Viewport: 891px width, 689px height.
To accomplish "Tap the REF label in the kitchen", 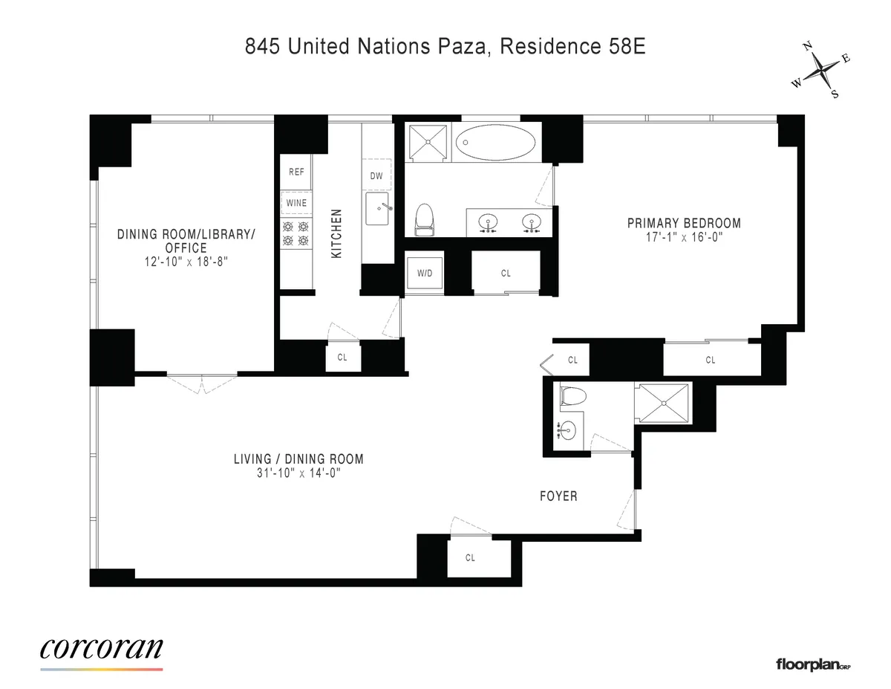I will tap(296, 172).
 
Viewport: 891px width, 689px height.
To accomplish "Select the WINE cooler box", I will tap(296, 203).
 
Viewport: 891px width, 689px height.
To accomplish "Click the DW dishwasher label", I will tap(376, 176).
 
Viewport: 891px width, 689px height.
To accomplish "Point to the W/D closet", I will tap(425, 273).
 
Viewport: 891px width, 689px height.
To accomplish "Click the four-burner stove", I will tap(296, 234).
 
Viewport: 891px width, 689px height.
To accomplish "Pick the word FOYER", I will tap(558, 496).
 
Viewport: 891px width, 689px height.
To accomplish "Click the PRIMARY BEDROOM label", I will tap(684, 223).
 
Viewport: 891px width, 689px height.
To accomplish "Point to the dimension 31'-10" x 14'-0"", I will tap(298, 473).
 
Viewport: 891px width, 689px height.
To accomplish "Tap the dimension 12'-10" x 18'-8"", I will tap(186, 262).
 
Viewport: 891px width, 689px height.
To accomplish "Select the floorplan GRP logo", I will tap(812, 664).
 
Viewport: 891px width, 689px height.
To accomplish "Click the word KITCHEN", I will tap(336, 233).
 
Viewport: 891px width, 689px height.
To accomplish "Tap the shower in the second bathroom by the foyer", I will tap(662, 404).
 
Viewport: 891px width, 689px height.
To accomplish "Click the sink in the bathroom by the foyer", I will tap(567, 430).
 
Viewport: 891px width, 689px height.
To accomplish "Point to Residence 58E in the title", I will tap(572, 47).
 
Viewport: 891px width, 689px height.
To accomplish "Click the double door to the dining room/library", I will tap(201, 382).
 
